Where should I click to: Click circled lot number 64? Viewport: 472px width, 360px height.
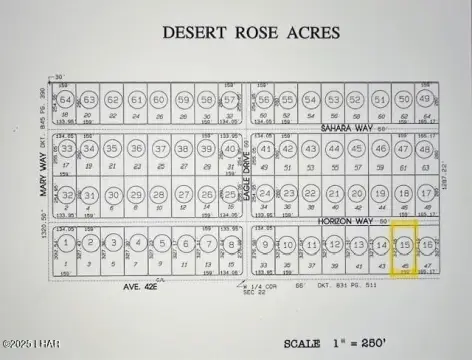point(65,101)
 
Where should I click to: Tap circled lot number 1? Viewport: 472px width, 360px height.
point(65,243)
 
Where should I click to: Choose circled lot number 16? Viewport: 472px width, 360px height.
point(427,244)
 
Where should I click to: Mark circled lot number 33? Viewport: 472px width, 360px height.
point(66,149)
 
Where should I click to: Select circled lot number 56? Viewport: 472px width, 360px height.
point(264,101)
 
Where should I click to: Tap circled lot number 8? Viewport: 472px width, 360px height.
point(231,243)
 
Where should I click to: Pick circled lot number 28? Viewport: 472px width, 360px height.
point(159,194)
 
